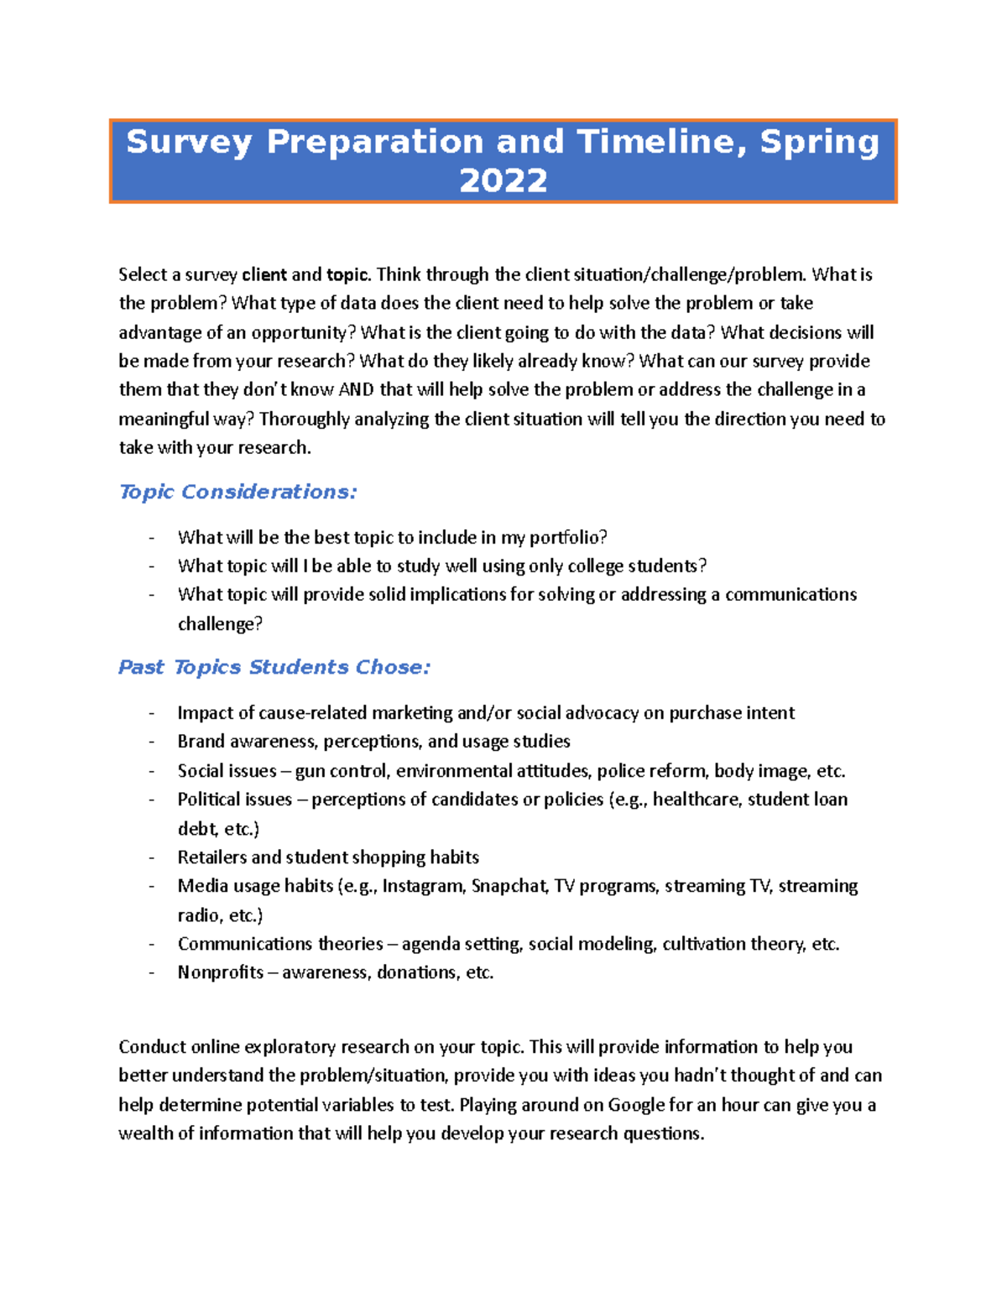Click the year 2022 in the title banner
[x=503, y=180]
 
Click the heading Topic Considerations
[x=237, y=492]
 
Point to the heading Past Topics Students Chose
[x=274, y=667]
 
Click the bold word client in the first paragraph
[x=263, y=274]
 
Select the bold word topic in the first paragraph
[x=347, y=274]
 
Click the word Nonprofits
[x=220, y=972]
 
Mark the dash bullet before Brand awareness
[x=152, y=742]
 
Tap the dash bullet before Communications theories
[x=152, y=944]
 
